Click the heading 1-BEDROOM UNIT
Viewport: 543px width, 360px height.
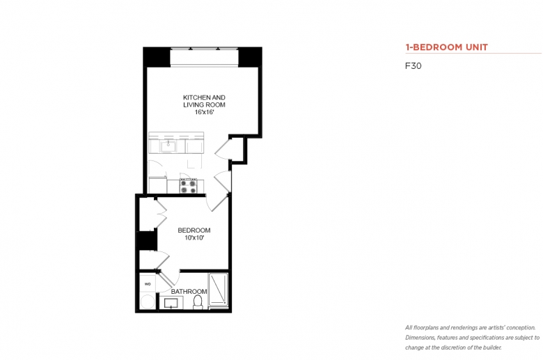(x=446, y=47)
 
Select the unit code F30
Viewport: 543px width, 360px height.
(x=413, y=66)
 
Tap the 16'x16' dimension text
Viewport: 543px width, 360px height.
(x=204, y=112)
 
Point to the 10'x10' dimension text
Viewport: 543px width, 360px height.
(x=194, y=237)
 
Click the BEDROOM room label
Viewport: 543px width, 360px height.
(x=194, y=230)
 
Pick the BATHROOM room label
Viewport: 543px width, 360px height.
(x=189, y=291)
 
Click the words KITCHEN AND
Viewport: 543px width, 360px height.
(x=204, y=97)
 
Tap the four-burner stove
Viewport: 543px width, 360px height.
(x=188, y=186)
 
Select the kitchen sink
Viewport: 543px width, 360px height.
(x=168, y=146)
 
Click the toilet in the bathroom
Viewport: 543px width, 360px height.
(x=198, y=302)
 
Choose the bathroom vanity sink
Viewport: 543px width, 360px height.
(x=171, y=303)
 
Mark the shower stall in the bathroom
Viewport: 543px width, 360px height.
(x=218, y=290)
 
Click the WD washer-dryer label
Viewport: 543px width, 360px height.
(x=148, y=284)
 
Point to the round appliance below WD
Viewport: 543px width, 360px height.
(x=148, y=302)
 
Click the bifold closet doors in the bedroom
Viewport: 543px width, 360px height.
(x=162, y=214)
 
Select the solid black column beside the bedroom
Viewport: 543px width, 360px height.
(x=147, y=240)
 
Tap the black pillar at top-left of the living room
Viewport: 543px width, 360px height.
(x=157, y=57)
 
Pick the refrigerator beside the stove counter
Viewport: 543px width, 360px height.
(x=157, y=185)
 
